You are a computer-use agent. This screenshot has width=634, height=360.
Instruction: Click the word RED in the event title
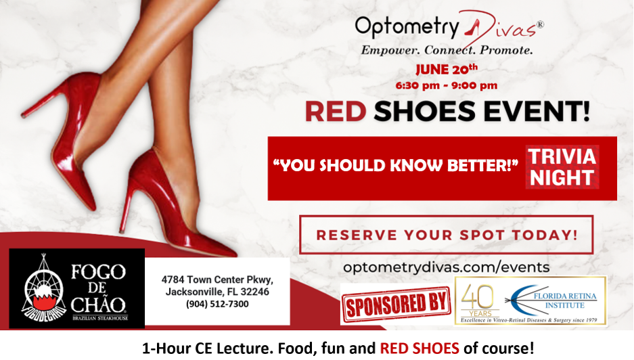point(335,112)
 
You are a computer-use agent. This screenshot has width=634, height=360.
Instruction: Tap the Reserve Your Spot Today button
point(447,235)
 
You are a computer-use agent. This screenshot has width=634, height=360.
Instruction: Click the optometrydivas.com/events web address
point(447,267)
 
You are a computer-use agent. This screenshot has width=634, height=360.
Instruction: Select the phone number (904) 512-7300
point(217,305)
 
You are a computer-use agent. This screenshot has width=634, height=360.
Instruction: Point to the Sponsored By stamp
point(397,305)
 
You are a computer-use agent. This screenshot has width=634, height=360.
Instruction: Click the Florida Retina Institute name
point(565,300)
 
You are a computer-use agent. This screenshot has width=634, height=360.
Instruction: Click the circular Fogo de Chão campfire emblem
point(44,288)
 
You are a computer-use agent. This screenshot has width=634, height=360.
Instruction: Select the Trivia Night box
point(562,167)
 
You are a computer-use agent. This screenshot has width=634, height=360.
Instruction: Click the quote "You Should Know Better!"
point(395,165)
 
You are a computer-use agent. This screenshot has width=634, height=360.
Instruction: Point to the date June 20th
point(447,69)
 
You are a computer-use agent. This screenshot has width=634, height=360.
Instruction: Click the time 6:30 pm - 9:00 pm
point(447,86)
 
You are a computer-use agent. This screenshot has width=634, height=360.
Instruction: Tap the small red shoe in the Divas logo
point(472,28)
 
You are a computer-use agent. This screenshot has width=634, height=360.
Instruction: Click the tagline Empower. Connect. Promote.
point(447,50)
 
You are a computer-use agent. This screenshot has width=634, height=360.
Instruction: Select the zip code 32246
point(254,292)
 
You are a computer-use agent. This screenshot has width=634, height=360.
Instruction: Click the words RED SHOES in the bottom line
point(420,348)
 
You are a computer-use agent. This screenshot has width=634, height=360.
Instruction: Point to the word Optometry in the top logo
point(407,26)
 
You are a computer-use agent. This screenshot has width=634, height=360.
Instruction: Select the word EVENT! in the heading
point(537,112)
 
